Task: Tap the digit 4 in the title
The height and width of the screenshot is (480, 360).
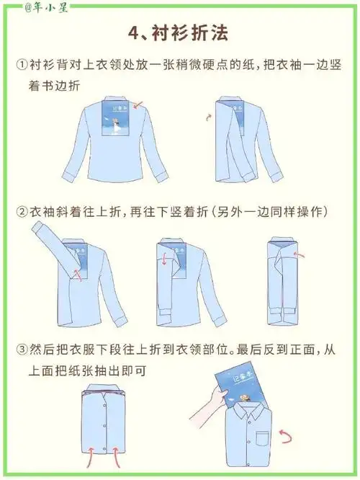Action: coord(132,33)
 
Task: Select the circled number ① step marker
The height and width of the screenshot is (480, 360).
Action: coord(22,64)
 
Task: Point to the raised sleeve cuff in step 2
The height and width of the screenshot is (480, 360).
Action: coord(37,230)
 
